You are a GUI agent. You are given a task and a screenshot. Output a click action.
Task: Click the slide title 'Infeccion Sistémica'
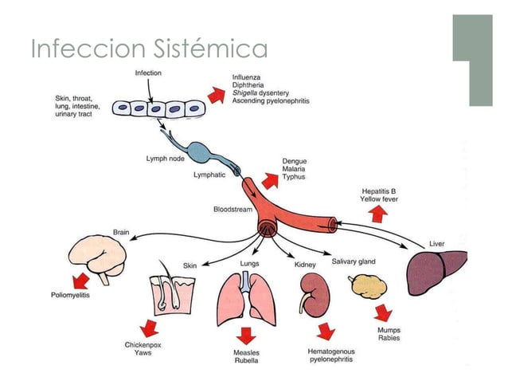(x=149, y=49)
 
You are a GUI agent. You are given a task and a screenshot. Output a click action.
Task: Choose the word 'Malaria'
(x=295, y=169)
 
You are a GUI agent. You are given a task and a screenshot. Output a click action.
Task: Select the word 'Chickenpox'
(x=143, y=345)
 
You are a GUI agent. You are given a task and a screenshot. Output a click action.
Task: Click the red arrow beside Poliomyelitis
(x=79, y=280)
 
